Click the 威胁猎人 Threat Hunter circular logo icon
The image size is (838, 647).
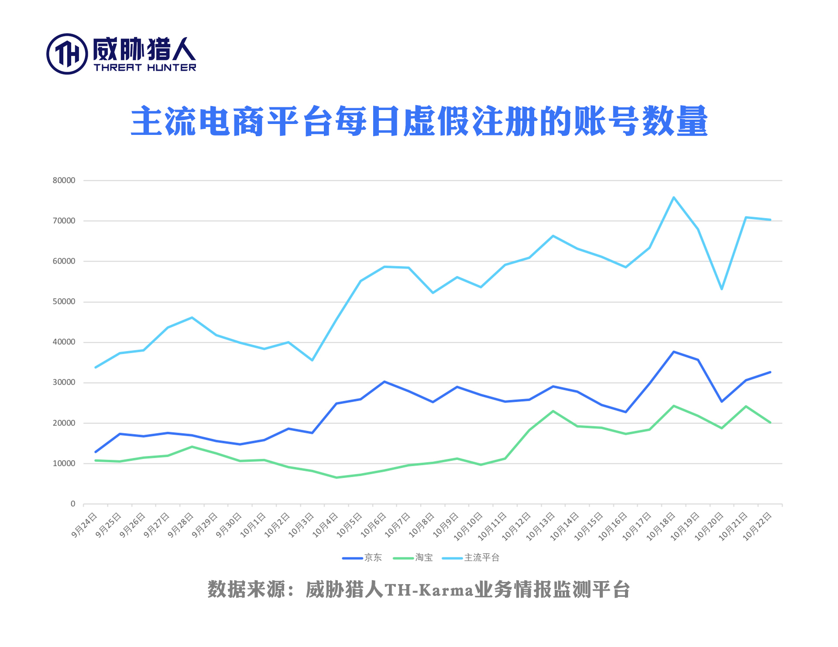(67, 54)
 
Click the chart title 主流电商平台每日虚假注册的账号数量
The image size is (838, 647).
(419, 121)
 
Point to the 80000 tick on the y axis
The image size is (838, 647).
(64, 180)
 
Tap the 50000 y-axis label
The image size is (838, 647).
(64, 302)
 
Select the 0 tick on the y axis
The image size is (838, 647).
(73, 504)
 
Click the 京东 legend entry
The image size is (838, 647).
(373, 558)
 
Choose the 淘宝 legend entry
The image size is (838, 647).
(423, 558)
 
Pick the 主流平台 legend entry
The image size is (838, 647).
(481, 558)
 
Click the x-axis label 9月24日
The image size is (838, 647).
(85, 525)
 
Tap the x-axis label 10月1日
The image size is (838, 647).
(254, 525)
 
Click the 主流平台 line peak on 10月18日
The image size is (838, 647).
(674, 197)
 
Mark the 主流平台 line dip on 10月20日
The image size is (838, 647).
(722, 289)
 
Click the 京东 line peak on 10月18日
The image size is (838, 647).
(674, 352)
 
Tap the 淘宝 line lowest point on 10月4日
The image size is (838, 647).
(337, 477)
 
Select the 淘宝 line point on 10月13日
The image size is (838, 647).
(553, 411)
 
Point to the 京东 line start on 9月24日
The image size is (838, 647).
(96, 452)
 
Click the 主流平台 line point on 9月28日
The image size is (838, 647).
(192, 318)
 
